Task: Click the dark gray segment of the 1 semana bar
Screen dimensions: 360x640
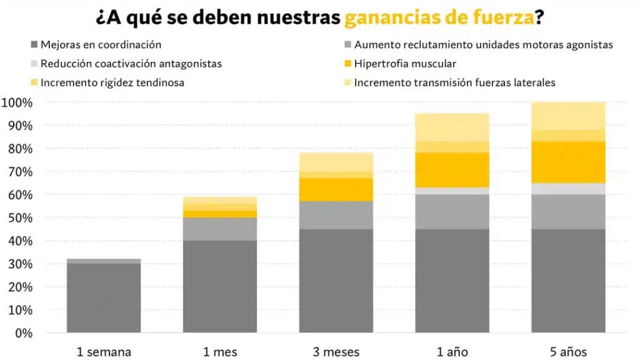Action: pos(104,297)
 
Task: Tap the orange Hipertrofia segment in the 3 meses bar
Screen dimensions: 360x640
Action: pos(336,189)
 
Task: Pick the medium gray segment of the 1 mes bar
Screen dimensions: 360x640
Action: pos(220,229)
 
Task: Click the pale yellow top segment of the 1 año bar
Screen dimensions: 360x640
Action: pos(452,127)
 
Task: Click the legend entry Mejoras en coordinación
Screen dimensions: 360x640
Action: pos(101,44)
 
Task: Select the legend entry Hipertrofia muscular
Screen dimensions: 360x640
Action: pos(404,64)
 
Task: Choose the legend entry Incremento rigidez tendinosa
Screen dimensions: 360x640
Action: pos(112,82)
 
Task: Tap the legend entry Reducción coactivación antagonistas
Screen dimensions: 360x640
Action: pos(131,64)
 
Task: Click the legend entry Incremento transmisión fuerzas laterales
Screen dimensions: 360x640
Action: pos(454,82)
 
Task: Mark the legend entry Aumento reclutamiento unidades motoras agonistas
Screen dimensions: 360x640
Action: pos(483,44)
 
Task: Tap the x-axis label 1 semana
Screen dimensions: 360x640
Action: pos(104,352)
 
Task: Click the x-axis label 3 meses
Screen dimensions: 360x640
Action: pos(336,352)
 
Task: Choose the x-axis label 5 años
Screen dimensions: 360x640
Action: pos(568,352)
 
